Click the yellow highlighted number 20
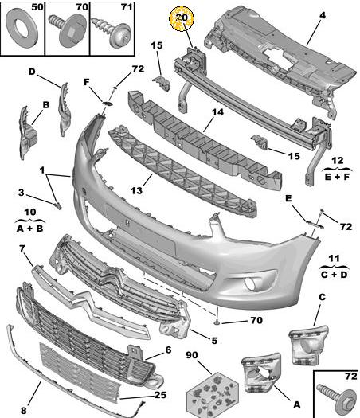tap(182, 18)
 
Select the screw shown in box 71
tap(112, 33)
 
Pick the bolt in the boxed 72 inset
tap(337, 394)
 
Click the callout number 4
tap(323, 15)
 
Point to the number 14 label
tap(217, 112)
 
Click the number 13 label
tap(136, 190)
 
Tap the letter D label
tap(32, 72)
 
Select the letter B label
tap(46, 104)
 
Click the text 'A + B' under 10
tap(29, 229)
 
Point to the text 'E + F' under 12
tap(337, 177)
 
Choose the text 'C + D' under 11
tap(335, 275)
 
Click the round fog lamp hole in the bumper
tap(251, 283)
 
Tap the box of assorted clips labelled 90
tap(213, 395)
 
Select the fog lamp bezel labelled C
tap(308, 346)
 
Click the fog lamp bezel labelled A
tap(261, 373)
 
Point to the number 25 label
tap(160, 395)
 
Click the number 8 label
tap(23, 410)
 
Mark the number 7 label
tap(22, 248)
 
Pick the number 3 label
tap(22, 193)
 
